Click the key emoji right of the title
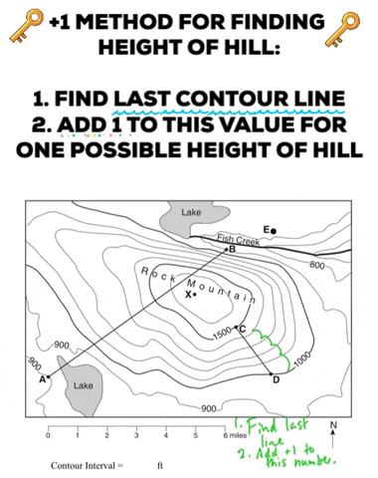(342, 29)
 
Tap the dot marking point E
(274, 231)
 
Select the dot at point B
(227, 249)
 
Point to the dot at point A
(49, 376)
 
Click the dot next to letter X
(195, 295)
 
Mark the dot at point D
(272, 374)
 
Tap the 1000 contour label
(302, 359)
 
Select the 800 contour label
(317, 265)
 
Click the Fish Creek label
(238, 240)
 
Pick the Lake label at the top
(191, 212)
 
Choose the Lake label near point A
(84, 385)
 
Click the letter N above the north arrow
(333, 424)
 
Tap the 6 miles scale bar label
(235, 435)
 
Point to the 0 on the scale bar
(49, 435)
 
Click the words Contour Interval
(83, 466)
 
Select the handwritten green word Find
(263, 426)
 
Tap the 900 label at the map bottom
(209, 408)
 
